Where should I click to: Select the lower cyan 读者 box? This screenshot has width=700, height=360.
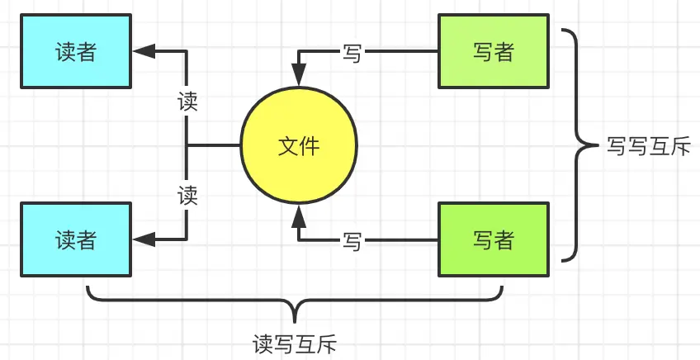76,239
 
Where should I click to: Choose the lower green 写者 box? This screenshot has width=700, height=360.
494,240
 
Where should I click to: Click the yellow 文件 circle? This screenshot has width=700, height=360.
299,147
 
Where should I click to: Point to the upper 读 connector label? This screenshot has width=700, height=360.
188,102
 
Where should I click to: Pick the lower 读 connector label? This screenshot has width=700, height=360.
188,196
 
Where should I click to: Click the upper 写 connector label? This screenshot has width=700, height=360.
352,54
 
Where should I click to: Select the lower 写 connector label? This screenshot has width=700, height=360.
352,241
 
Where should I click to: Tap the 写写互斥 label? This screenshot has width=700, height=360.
647,147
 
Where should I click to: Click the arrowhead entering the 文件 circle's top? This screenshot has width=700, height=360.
299,78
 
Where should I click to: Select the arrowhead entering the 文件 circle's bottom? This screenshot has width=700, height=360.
299,216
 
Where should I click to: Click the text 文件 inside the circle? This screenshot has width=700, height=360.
299,147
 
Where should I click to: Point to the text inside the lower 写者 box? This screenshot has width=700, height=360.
494,240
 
